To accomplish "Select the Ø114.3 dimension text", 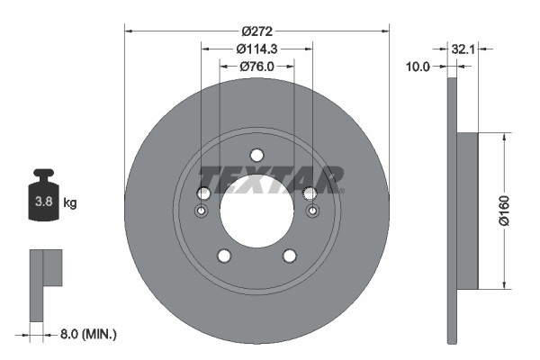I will pyautogui.click(x=256, y=49).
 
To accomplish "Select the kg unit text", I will pyautogui.click(x=71, y=203).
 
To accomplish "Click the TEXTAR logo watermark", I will pyautogui.click(x=270, y=178).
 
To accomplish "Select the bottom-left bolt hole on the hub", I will pyautogui.click(x=223, y=256).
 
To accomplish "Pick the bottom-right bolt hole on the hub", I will pyautogui.click(x=290, y=256).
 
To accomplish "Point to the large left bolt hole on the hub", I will pyautogui.click(x=202, y=193).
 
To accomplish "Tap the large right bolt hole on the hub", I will pyautogui.click(x=311, y=193).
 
